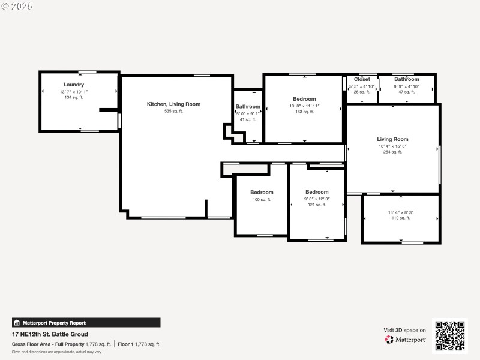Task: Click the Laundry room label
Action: tap(74, 85)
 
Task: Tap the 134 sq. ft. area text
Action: tap(74, 97)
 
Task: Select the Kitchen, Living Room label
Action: tap(173, 104)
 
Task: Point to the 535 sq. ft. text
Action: tap(173, 111)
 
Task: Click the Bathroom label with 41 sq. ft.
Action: tap(248, 107)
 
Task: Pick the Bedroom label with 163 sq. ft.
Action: tap(304, 99)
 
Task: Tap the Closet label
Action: tap(362, 79)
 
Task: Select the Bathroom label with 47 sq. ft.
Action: tap(406, 79)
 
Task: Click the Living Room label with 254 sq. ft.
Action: tap(392, 139)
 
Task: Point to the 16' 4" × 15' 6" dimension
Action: tap(392, 146)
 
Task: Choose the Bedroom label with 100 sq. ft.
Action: tap(262, 192)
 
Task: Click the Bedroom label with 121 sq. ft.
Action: tap(317, 192)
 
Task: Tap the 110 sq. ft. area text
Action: tap(400, 218)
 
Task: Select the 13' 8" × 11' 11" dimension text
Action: tap(304, 106)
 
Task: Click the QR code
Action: tap(449, 336)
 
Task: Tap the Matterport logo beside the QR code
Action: tap(405, 340)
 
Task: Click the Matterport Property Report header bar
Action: tap(86, 323)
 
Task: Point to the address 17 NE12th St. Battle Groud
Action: tap(50, 334)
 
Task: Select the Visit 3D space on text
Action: tap(404, 330)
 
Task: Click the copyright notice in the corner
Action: tap(17, 6)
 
